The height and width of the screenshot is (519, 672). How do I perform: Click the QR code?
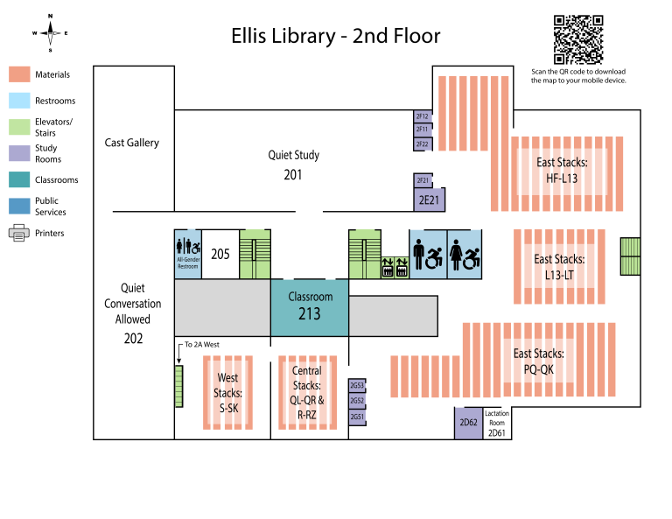coord(578,39)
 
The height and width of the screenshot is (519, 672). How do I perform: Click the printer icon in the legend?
coord(19,234)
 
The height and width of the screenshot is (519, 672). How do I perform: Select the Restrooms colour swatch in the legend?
coord(19,101)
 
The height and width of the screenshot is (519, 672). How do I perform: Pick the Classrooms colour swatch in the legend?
coord(19,179)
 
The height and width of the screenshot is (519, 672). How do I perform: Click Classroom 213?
coord(309,306)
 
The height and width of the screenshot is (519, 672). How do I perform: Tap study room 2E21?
coord(428,200)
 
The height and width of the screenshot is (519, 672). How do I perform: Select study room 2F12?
coord(422,116)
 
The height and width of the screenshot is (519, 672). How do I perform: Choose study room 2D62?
coord(468,423)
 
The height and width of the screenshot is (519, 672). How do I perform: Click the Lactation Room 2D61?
coord(496,423)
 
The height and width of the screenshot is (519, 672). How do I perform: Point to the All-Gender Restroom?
coord(188,253)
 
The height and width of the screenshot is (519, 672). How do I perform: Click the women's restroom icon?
coord(464,254)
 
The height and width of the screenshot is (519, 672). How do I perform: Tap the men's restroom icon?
coord(428,254)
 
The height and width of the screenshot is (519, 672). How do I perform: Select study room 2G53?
coord(356,385)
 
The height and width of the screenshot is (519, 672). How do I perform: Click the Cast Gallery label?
coord(132,143)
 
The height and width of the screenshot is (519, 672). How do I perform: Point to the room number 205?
coord(220,254)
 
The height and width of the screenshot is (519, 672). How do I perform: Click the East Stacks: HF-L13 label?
coord(562,171)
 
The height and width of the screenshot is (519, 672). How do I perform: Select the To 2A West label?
coord(203,344)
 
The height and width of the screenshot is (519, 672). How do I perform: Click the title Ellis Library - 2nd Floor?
coord(336,36)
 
